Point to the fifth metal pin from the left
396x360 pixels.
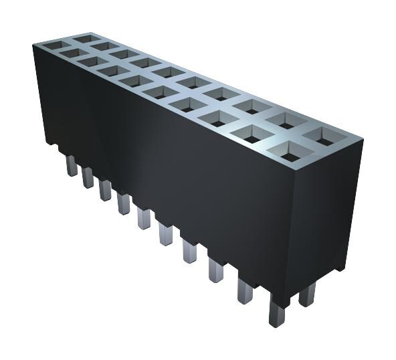[x=143, y=217]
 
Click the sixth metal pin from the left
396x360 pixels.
[x=165, y=234]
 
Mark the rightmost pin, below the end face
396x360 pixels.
[x=308, y=293]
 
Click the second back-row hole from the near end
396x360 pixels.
[x=284, y=120]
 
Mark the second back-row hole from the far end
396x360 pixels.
[x=102, y=48]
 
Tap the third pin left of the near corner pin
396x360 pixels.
[x=189, y=254]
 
